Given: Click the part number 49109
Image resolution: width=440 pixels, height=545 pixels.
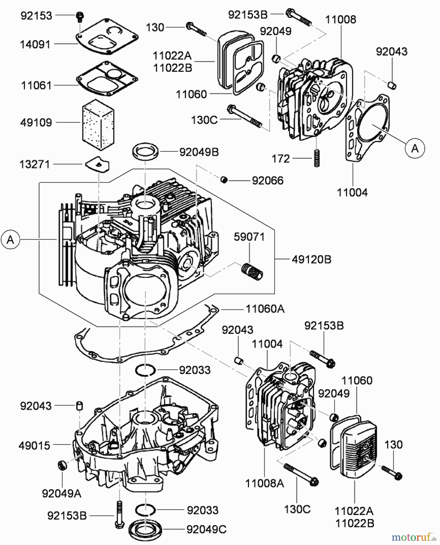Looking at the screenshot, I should pos(36,123).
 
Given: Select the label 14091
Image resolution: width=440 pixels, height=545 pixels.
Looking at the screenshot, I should pos(35,45).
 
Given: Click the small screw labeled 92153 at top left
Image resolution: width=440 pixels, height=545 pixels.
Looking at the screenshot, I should pos(80,16).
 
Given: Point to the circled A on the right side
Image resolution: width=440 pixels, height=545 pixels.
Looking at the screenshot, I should pos(415,148).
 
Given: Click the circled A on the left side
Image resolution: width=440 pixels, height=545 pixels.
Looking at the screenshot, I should pos(10,240).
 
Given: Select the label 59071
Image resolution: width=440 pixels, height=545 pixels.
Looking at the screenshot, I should pos(249,237).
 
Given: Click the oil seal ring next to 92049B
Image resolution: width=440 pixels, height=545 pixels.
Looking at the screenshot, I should pos(146,151).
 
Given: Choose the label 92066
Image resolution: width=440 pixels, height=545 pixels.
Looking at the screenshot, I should pos(268,181).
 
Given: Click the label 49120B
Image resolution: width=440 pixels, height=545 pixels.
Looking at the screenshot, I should pos(311,259).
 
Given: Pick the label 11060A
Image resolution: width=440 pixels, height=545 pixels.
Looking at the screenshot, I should pos(265,309).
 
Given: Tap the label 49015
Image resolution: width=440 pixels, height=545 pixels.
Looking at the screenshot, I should pos(34,445).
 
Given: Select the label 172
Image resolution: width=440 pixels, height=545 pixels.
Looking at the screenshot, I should pos(281,159).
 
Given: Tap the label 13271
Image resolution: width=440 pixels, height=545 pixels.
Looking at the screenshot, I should pos(34,165).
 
